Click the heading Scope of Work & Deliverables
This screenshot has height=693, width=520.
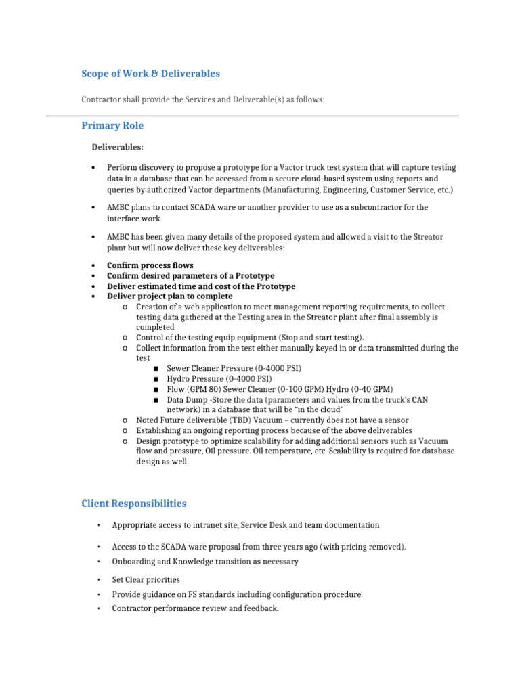click(150, 74)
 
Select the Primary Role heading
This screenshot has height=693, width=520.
click(112, 126)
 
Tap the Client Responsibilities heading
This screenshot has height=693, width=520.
click(134, 504)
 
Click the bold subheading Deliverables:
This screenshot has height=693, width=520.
click(118, 147)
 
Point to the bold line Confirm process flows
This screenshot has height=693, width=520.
click(150, 265)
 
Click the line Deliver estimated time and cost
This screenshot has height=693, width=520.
click(201, 286)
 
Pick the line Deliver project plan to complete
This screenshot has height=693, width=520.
click(169, 296)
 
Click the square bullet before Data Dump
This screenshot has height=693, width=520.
click(156, 400)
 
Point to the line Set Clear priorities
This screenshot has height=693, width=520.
click(146, 579)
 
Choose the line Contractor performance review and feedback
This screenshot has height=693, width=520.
click(195, 608)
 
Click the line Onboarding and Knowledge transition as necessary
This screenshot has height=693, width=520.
click(204, 562)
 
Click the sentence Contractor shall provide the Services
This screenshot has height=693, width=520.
click(203, 99)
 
